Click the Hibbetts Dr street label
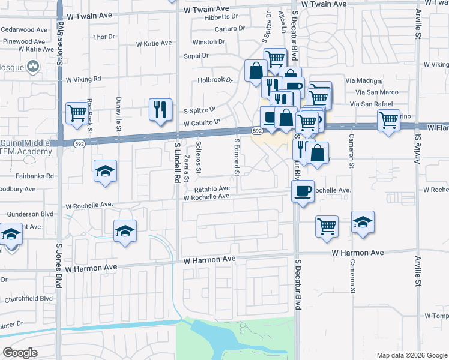(221, 17)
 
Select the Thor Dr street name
(103, 37)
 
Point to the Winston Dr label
(208, 42)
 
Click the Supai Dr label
(196, 55)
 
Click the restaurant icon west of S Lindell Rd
(160, 109)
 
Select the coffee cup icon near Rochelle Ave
(303, 191)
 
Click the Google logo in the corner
(20, 352)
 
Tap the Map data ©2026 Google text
(411, 355)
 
